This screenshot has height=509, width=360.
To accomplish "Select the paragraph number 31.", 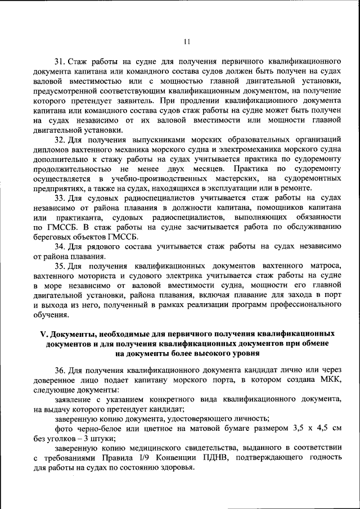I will (x=60, y=60).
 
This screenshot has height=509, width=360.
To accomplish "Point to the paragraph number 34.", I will (x=60, y=246).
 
